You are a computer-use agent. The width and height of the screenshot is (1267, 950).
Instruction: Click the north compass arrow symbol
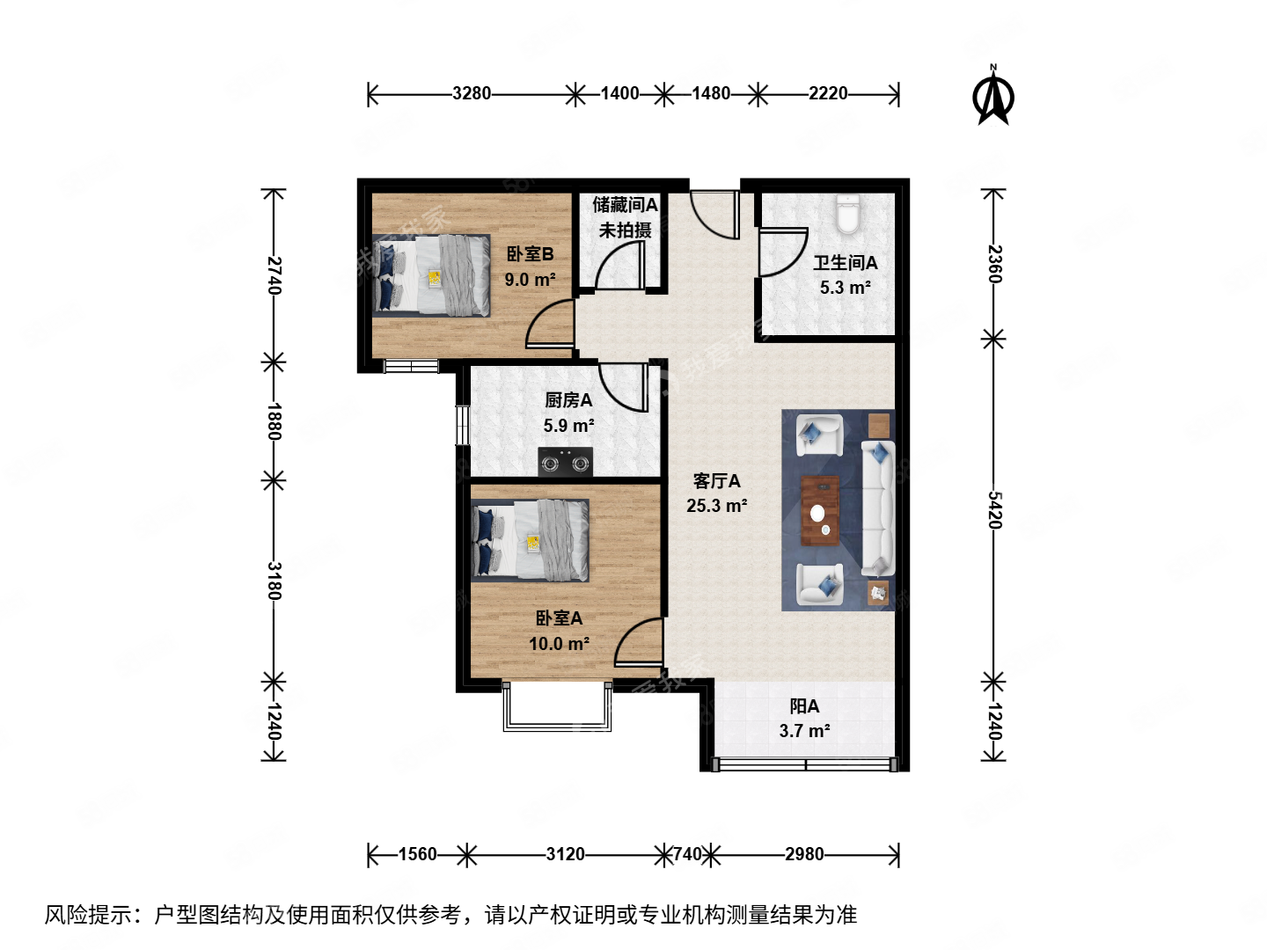pos(993,98)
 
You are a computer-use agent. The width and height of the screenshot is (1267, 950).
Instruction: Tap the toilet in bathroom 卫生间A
pos(846,214)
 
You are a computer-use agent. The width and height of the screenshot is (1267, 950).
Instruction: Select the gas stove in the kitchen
pos(565,462)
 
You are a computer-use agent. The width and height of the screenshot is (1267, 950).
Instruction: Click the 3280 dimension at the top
pos(472,93)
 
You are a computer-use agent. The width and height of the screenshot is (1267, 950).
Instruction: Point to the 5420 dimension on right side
pos(993,510)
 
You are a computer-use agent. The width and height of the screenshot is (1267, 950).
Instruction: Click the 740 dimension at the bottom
pos(687,854)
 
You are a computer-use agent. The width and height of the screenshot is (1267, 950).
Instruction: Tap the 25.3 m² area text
pos(716,506)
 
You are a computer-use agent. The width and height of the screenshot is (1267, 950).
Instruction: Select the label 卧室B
pos(530,254)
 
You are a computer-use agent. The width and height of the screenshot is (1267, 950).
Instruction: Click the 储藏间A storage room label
pos(625,205)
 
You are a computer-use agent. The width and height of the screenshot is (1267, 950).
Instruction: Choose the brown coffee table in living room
pos(820,510)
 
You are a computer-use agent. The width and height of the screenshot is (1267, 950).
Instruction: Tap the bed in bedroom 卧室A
pos(530,540)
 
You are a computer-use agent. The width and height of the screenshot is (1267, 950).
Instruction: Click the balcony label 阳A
pos(804,706)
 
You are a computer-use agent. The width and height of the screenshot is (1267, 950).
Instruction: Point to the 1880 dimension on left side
pos(275,421)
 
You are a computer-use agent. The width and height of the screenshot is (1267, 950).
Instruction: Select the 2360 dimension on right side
pos(993,264)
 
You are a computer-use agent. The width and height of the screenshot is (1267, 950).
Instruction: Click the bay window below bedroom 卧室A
pos(557,708)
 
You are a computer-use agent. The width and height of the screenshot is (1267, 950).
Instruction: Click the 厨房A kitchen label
pos(568,400)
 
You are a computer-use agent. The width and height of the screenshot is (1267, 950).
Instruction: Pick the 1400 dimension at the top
pos(619,93)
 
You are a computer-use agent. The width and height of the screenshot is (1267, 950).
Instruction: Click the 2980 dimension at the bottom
pos(804,854)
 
